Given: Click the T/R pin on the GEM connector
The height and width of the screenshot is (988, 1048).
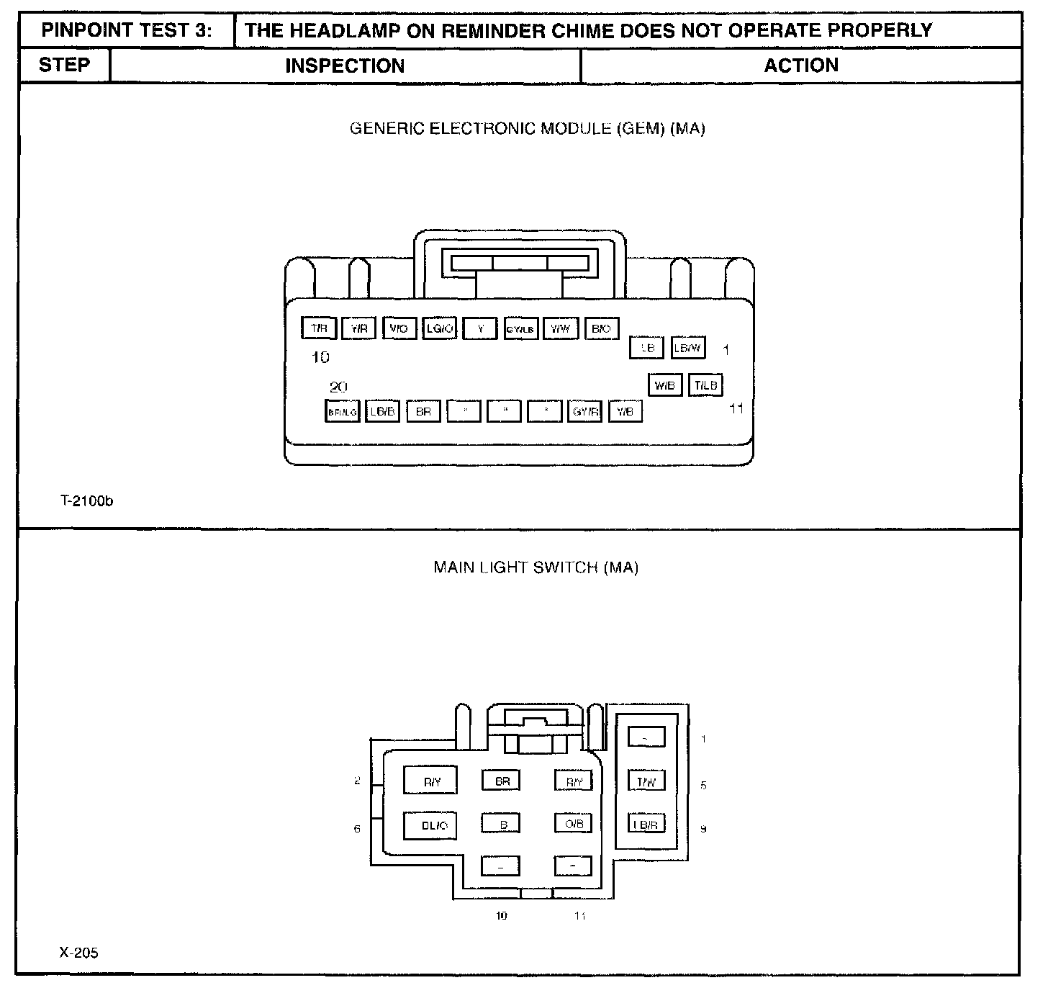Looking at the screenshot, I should (x=319, y=328).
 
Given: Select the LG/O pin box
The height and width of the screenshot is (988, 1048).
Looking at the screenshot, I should (x=439, y=328).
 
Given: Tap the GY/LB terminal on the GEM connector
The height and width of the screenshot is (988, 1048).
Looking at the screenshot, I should (x=520, y=329).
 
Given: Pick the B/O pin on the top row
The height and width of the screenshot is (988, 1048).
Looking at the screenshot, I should (x=601, y=328).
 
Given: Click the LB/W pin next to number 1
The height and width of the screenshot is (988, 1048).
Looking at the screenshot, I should (x=687, y=348).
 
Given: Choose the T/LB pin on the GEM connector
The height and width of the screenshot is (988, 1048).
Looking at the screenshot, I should (x=705, y=385).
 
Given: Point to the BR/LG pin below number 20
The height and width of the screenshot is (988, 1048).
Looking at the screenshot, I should (x=342, y=412).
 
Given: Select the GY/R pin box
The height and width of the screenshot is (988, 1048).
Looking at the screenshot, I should (x=584, y=412).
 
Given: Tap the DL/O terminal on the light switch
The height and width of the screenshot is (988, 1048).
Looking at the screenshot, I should (x=434, y=825).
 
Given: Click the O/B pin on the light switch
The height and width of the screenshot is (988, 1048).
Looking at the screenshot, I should (x=574, y=824).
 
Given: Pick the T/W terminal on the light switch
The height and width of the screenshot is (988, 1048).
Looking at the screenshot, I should (x=646, y=781).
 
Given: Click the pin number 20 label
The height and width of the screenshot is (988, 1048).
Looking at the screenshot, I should (x=338, y=387).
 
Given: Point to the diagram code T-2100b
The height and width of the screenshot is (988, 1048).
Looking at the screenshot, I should (x=86, y=501).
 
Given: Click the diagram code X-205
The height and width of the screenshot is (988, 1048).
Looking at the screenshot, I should (x=78, y=953).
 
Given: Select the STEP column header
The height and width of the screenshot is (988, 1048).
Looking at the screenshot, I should (x=64, y=65).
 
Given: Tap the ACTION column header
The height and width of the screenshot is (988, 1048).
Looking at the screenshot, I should (x=800, y=66).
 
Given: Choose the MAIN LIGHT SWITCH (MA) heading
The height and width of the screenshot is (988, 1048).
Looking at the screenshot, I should (x=536, y=567).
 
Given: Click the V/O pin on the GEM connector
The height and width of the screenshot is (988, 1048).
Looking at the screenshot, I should (x=399, y=328).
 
